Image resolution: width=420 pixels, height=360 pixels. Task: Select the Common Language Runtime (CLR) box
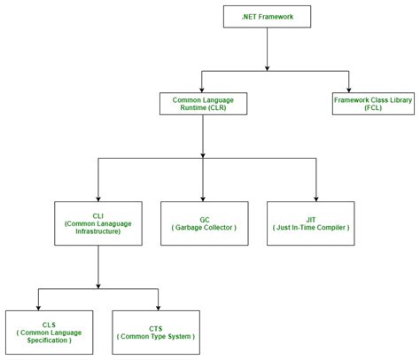[203, 103]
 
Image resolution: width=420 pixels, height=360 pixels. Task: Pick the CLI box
[97, 223]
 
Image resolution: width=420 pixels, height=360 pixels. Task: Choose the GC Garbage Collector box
[203, 223]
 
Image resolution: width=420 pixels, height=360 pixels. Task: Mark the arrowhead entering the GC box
[203, 197]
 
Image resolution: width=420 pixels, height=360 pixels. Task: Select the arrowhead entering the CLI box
[97, 197]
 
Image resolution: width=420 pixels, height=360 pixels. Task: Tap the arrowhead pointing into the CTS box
[157, 305]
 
